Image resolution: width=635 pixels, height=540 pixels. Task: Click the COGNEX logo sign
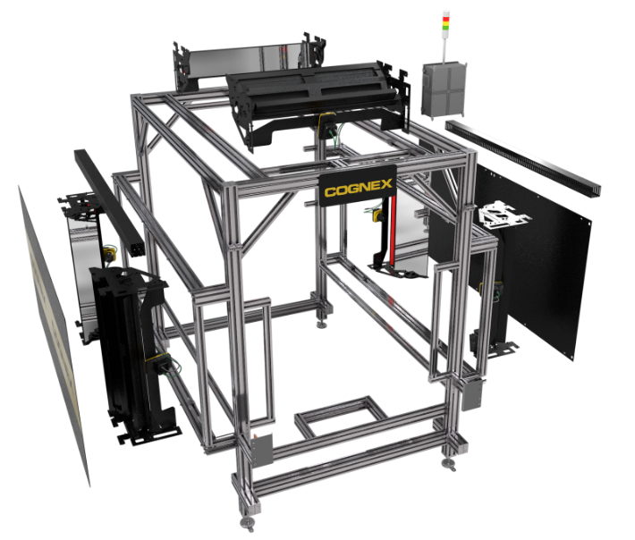tap(358, 186)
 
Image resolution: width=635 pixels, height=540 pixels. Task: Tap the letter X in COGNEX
tap(385, 184)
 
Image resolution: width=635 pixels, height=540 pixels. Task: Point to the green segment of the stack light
tap(446, 28)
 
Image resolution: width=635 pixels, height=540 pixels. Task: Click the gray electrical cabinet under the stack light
tap(444, 89)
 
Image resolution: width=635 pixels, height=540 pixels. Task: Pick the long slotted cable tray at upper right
tap(523, 158)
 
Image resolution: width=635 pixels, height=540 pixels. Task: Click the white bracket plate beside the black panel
tap(503, 214)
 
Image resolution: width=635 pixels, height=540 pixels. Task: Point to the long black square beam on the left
tap(109, 202)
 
